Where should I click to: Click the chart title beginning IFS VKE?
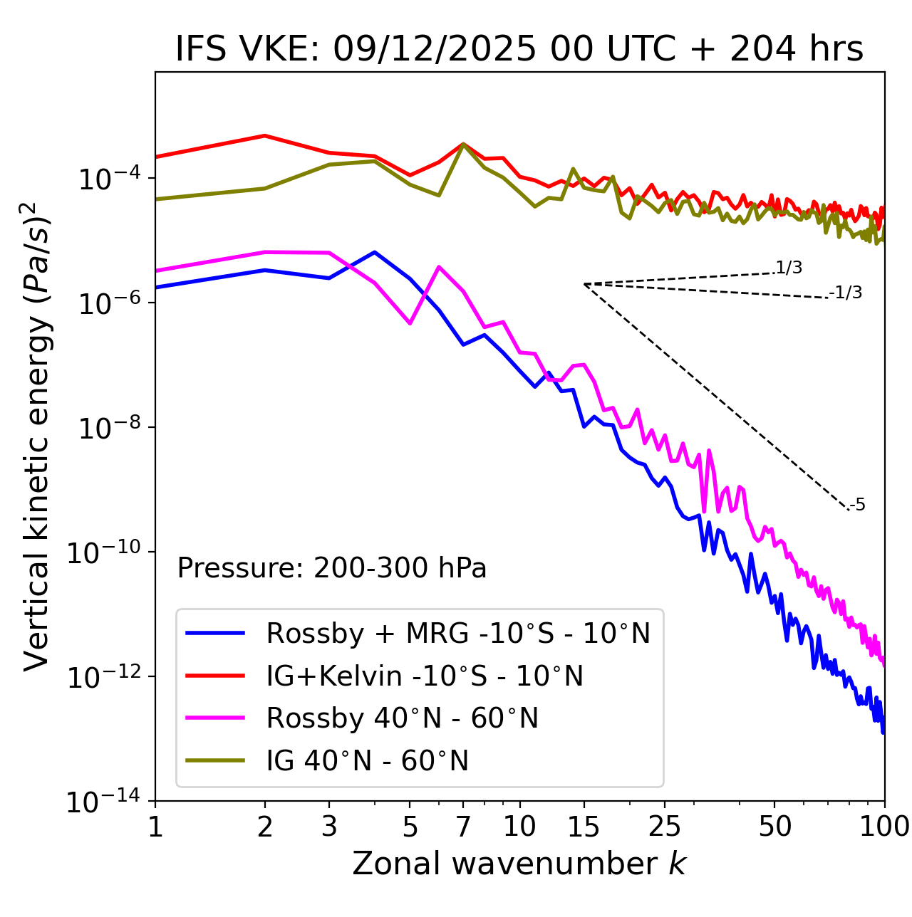click(519, 49)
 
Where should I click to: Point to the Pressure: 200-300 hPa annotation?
click(332, 568)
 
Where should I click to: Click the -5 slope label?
click(857, 505)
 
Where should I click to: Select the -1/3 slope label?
click(846, 293)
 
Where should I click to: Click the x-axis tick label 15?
click(584, 827)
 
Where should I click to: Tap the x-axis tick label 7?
click(463, 827)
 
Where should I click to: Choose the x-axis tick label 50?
click(774, 827)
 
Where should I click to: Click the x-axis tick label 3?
click(329, 827)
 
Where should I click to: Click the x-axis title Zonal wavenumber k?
click(519, 864)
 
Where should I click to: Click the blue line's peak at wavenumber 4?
click(375, 252)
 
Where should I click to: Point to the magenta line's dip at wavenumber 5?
click(410, 323)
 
